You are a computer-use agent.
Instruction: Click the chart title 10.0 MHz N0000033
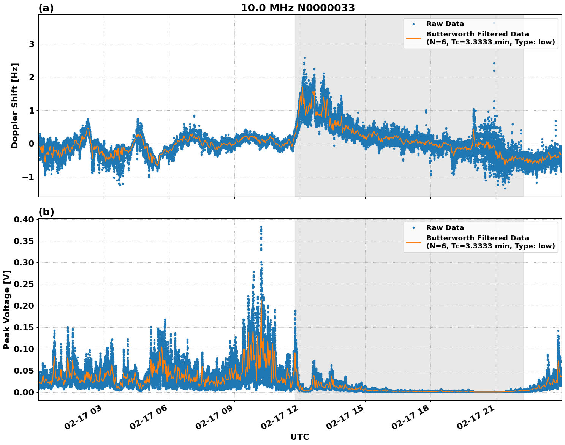click(x=298, y=8)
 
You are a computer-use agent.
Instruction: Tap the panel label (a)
click(x=46, y=8)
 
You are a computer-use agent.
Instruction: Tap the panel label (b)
click(x=46, y=212)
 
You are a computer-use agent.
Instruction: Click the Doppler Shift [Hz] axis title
click(x=15, y=106)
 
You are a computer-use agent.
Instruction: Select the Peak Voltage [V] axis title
click(x=6, y=309)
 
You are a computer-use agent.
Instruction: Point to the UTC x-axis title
click(x=299, y=437)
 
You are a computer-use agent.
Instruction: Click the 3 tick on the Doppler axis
click(x=32, y=44)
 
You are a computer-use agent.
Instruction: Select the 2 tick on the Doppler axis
click(x=32, y=77)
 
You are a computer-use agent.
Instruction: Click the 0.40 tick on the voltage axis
click(x=24, y=219)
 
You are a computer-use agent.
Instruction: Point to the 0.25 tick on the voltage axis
click(x=24, y=284)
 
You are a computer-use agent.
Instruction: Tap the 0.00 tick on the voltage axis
click(x=24, y=392)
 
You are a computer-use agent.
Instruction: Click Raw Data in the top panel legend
click(x=445, y=24)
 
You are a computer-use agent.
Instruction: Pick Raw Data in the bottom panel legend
click(x=445, y=228)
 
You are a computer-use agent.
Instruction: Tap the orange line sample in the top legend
click(x=413, y=38)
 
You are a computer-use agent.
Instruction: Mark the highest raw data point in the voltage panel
click(x=261, y=227)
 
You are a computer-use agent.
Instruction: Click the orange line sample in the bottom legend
click(x=413, y=242)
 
